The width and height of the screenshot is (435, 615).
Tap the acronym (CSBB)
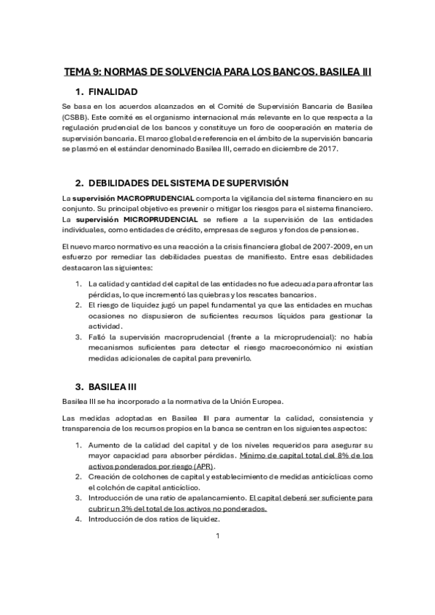(76, 117)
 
